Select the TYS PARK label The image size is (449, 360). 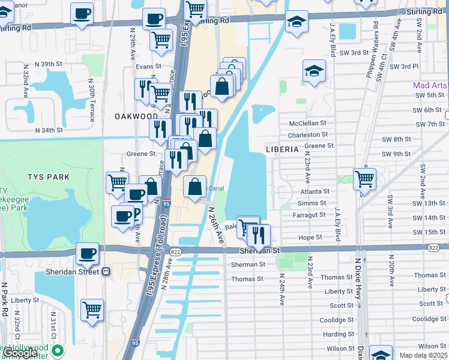(x=48, y=177)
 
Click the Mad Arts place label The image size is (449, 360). (x=430, y=85)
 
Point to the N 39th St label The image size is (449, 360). (x=49, y=64)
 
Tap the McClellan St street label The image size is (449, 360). (x=308, y=124)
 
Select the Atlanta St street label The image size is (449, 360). (x=313, y=192)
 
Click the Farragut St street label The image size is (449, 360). (x=309, y=215)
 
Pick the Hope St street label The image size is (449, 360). (x=310, y=238)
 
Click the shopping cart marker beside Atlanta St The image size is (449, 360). (x=364, y=178)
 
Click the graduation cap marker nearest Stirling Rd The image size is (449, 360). (x=296, y=22)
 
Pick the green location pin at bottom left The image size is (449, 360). (x=58, y=350)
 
